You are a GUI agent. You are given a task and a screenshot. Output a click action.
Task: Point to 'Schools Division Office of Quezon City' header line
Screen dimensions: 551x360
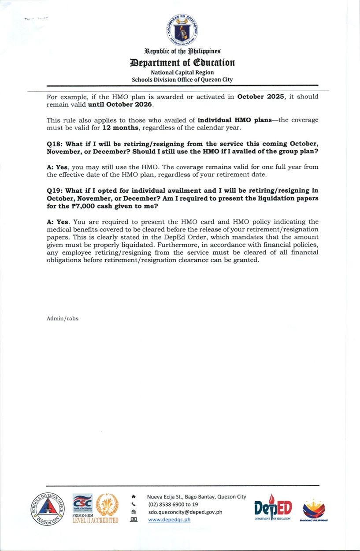[182, 80]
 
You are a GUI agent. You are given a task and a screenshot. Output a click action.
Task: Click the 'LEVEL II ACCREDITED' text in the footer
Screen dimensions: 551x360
[95, 521]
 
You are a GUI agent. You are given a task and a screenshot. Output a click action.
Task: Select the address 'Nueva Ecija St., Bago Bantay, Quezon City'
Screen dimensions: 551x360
[197, 497]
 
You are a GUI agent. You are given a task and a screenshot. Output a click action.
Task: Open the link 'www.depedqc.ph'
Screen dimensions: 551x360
[169, 520]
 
